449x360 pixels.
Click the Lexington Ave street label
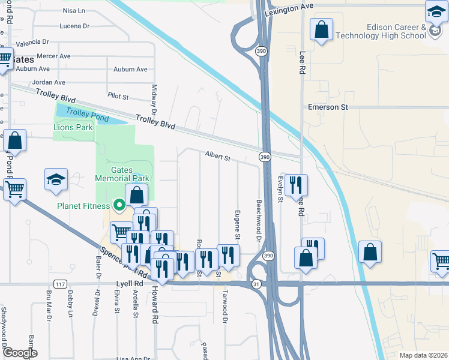289,5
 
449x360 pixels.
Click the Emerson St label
328,107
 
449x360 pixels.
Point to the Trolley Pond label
88,115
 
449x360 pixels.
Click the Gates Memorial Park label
122,174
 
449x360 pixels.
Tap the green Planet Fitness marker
119,206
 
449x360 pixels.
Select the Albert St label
218,157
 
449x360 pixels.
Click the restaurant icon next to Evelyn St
297,184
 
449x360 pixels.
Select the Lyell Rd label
130,283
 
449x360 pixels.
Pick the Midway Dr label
154,100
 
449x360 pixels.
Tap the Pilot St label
118,96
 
